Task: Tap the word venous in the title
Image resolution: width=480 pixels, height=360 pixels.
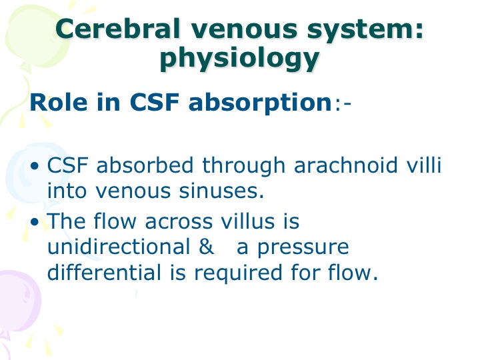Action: [x=244, y=30]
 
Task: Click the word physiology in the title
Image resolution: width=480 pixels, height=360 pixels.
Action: [x=240, y=58]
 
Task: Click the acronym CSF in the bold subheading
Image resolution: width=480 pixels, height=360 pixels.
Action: [x=154, y=102]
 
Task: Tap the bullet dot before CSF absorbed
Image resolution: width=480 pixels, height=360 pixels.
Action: [x=35, y=166]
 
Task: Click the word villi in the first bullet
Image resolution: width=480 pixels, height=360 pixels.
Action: [x=424, y=165]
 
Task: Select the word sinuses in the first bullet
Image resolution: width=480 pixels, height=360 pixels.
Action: [x=221, y=191]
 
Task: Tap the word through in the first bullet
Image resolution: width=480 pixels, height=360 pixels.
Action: [x=244, y=166]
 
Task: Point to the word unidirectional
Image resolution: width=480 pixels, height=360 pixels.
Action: [x=119, y=247]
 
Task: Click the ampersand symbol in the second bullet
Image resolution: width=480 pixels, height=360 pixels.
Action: [x=206, y=247]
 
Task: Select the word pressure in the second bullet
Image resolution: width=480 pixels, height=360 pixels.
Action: [x=303, y=249]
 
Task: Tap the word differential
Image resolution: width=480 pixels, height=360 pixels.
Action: [x=104, y=272]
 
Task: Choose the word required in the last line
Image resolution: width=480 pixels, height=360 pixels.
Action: [x=238, y=273]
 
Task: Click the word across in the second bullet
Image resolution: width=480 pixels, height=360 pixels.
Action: [x=179, y=222]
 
